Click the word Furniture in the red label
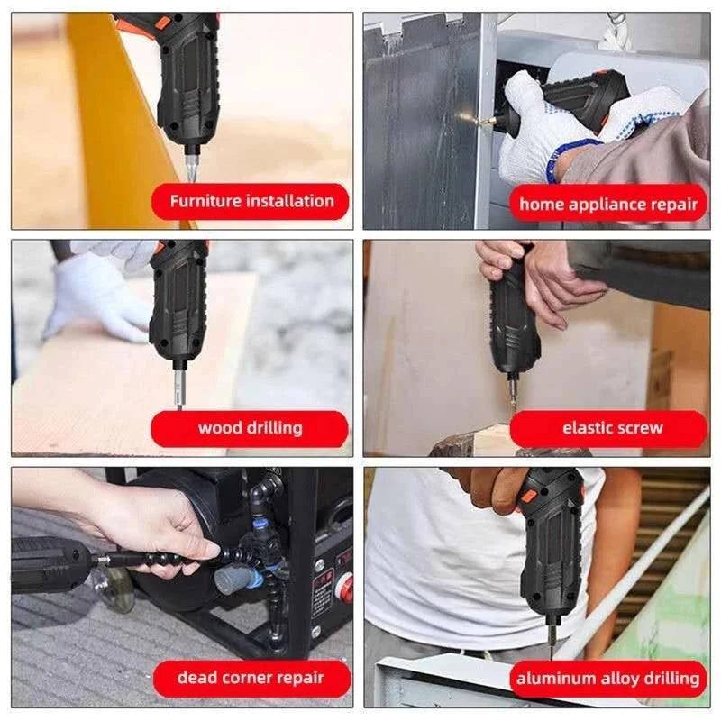pyautogui.click(x=205, y=201)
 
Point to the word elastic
pyautogui.click(x=589, y=428)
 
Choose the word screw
pyautogui.click(x=642, y=429)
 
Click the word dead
pyautogui.click(x=196, y=678)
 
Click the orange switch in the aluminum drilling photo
pyautogui.click(x=529, y=497)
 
